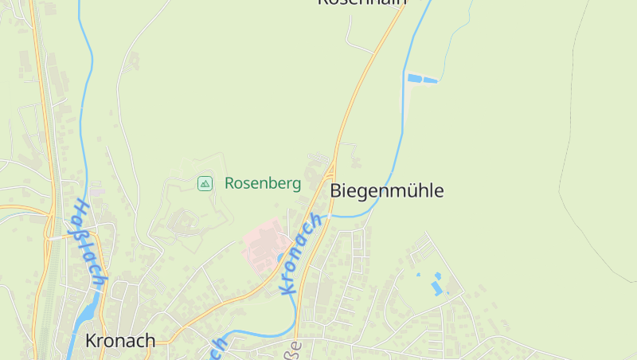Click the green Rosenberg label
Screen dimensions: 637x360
point(263,184)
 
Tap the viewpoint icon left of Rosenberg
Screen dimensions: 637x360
point(205,184)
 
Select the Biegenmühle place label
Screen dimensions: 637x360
point(386,191)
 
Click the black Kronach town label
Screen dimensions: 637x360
point(120,341)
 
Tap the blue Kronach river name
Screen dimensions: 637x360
point(301,254)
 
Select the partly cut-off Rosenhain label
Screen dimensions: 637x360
point(361,2)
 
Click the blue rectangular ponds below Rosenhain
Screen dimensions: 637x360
point(422,79)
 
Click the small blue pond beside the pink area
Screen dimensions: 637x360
point(280,257)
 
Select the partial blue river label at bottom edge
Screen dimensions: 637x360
point(218,348)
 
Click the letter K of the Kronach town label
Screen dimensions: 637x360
point(91,341)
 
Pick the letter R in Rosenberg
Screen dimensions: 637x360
point(229,184)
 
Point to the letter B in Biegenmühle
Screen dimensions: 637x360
point(335,191)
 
